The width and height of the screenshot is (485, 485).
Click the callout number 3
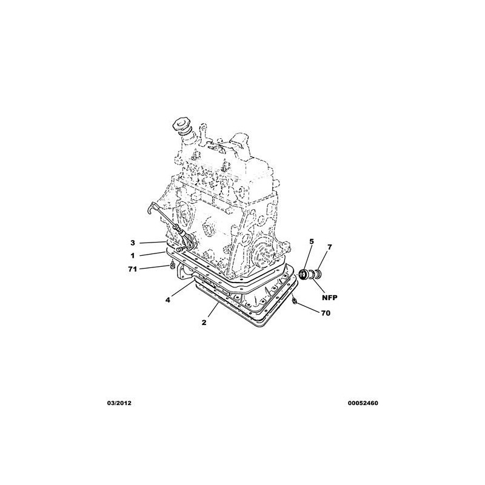point(133,243)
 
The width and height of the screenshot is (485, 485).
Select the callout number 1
point(133,256)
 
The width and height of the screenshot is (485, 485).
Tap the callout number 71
point(132,269)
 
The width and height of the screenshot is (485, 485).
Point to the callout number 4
point(167,299)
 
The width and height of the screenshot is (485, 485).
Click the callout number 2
point(204,323)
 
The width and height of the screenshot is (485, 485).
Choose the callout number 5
point(312,241)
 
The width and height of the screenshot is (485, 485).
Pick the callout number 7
point(329,247)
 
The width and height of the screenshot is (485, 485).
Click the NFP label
point(330,298)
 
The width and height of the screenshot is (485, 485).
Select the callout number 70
point(326,313)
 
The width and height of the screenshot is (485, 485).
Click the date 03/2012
point(119,403)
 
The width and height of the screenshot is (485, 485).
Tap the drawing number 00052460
point(363,403)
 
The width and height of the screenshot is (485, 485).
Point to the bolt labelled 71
point(173,265)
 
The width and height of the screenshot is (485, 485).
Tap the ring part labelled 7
point(318,274)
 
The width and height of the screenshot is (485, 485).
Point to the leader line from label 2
point(214,309)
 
